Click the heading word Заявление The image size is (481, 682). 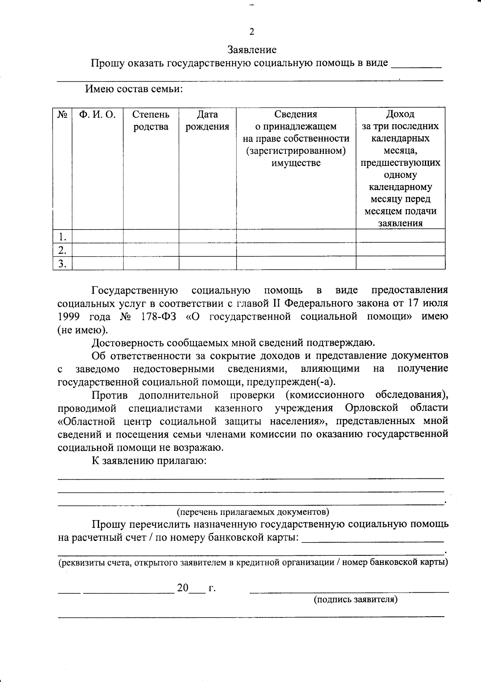tap(252, 50)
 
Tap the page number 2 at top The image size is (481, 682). tap(252, 32)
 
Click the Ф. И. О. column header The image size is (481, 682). tap(97, 115)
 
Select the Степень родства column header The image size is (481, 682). tap(151, 121)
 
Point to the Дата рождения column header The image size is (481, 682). tap(207, 121)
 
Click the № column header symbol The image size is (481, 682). tap(62, 115)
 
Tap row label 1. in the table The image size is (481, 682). tap(62, 236)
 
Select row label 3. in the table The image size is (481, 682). tap(62, 263)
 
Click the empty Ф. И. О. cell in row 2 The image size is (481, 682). tap(97, 249)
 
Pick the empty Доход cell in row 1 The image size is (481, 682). tap(400, 236)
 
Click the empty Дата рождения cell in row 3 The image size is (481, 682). tap(207, 263)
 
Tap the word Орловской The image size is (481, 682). tap(371, 408)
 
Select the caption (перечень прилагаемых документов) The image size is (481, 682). tap(253, 512)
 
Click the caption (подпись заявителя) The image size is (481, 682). tap(355, 599)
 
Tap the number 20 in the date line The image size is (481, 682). tap(183, 588)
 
